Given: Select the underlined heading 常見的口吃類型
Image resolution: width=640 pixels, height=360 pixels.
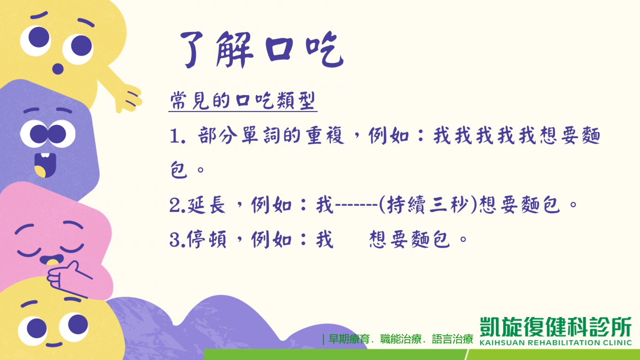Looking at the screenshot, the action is (243, 101).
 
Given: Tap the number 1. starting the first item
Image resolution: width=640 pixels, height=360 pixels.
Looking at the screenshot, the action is (178, 136).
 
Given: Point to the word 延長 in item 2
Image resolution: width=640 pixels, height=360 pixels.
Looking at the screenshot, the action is (206, 205).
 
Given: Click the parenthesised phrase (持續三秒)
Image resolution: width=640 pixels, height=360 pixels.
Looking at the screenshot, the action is (428, 205).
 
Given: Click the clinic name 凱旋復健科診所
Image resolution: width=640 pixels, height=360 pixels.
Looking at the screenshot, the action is (555, 327).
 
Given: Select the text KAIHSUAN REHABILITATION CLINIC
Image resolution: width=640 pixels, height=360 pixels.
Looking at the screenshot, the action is (555, 343).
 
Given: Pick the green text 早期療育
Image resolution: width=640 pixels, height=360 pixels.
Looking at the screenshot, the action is (349, 339).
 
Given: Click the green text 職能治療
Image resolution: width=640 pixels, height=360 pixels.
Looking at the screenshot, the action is (400, 339).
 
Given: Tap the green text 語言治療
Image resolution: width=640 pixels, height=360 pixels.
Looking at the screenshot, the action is (453, 339).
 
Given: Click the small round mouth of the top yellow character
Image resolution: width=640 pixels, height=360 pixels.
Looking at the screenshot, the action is (58, 69).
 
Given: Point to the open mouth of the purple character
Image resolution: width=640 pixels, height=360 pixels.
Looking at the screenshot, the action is (45, 165).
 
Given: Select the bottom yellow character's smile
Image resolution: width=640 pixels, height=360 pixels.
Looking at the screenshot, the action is (54, 344).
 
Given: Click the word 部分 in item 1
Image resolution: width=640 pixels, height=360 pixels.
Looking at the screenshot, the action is (217, 135).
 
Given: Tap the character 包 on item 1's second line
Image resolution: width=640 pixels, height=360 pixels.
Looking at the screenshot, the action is (179, 169).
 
